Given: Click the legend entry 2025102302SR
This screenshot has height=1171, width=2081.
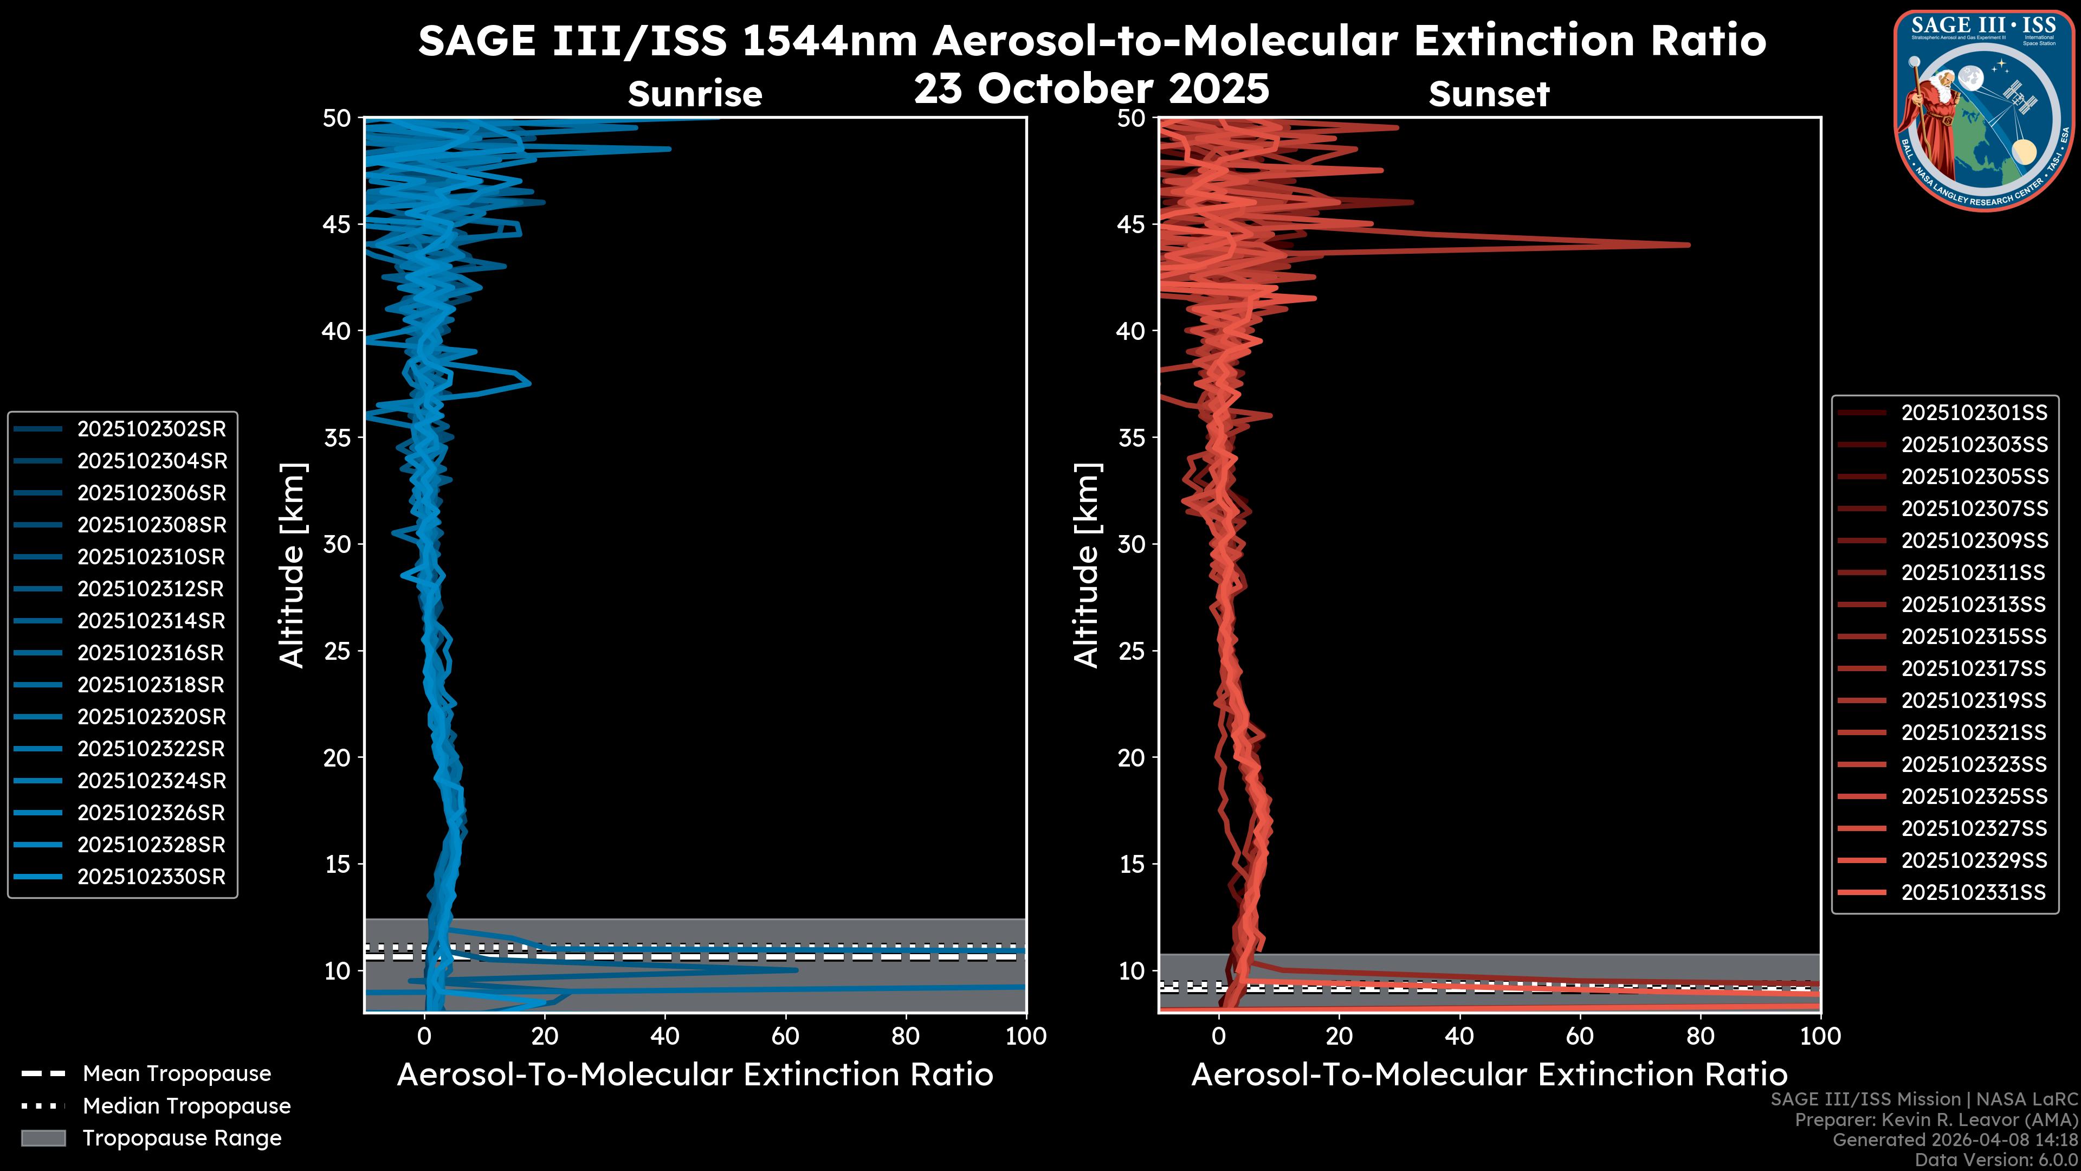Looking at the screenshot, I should (151, 429).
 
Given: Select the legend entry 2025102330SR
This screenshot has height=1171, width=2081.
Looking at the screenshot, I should (151, 877).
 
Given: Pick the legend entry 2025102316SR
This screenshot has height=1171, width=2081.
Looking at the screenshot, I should (151, 653).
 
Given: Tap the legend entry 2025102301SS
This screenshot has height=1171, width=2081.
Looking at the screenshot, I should (1974, 413).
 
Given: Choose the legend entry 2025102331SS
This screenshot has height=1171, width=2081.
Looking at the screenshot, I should (1974, 892).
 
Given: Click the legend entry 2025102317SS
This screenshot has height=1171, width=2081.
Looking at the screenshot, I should (1974, 669).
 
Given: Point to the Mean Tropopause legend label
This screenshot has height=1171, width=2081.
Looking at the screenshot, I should (176, 1074).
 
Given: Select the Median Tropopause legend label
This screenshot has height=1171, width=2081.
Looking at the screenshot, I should (186, 1106).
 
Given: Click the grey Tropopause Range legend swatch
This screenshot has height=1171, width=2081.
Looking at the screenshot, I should (43, 1138).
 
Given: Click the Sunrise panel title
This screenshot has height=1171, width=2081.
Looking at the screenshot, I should (695, 94).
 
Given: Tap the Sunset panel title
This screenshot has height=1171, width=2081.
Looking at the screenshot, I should (1489, 94).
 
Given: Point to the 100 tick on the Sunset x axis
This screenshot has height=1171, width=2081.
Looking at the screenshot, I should (1820, 1036).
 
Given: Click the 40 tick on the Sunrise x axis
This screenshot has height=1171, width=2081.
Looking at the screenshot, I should (665, 1036).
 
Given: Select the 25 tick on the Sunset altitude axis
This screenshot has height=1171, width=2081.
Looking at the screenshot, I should (1131, 651).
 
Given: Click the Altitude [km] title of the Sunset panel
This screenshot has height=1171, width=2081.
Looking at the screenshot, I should (1087, 565).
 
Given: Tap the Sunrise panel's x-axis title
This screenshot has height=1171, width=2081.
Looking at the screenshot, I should (695, 1075).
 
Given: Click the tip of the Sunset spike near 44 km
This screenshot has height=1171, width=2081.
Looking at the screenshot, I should (1689, 245).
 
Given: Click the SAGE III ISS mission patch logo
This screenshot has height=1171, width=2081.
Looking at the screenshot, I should (1983, 110).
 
